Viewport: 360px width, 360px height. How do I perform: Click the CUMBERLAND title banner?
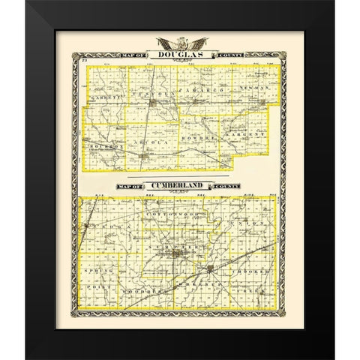click(179, 183)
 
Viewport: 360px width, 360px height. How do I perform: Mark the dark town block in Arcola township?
click(142, 156)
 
